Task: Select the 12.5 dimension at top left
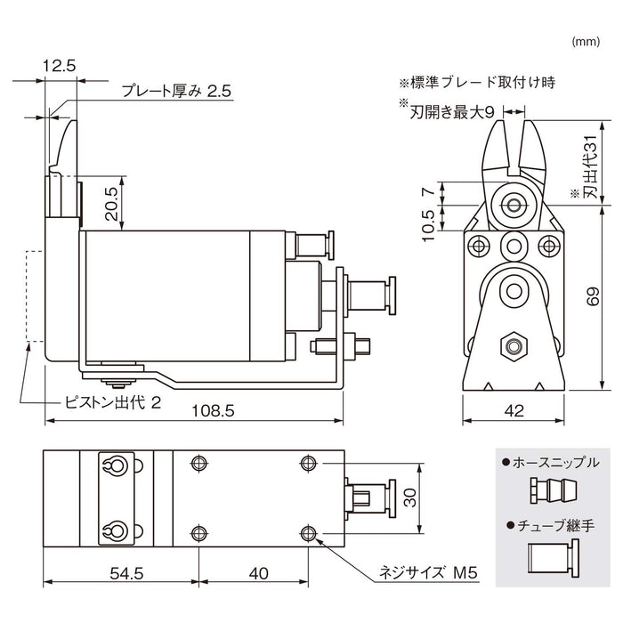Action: coord(59,65)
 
